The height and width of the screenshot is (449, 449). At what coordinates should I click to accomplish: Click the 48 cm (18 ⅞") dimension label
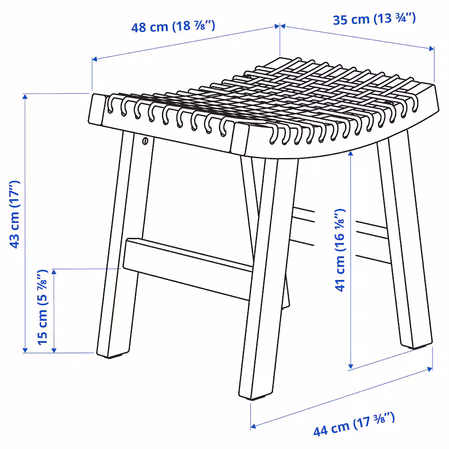coord(173,26)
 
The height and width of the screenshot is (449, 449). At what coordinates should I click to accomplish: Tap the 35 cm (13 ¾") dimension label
coord(374,19)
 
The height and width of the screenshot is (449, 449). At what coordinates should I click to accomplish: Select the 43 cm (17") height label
coord(14,215)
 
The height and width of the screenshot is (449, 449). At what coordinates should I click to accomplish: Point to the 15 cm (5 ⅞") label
coord(42,307)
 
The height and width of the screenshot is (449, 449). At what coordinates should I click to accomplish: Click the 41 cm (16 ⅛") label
coord(340,250)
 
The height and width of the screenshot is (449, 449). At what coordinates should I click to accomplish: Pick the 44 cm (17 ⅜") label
coord(354,425)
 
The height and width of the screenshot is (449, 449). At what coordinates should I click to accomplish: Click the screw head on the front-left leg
coord(145,141)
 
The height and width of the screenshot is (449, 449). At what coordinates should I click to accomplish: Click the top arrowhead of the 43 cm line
coord(25,97)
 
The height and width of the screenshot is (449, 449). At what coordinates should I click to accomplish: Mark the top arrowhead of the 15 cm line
coord(54,272)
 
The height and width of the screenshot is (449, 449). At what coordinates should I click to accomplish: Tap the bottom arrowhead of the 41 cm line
coord(351,366)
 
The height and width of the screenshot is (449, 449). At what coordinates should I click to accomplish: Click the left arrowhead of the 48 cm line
coord(95,59)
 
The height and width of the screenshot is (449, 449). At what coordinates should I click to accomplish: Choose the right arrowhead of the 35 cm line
coord(432,49)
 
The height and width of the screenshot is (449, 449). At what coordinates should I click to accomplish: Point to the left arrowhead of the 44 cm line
coord(253,427)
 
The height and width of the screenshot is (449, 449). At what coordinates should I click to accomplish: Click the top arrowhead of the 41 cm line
coord(351,154)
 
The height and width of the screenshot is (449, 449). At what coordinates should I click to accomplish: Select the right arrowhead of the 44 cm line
coord(430,369)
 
